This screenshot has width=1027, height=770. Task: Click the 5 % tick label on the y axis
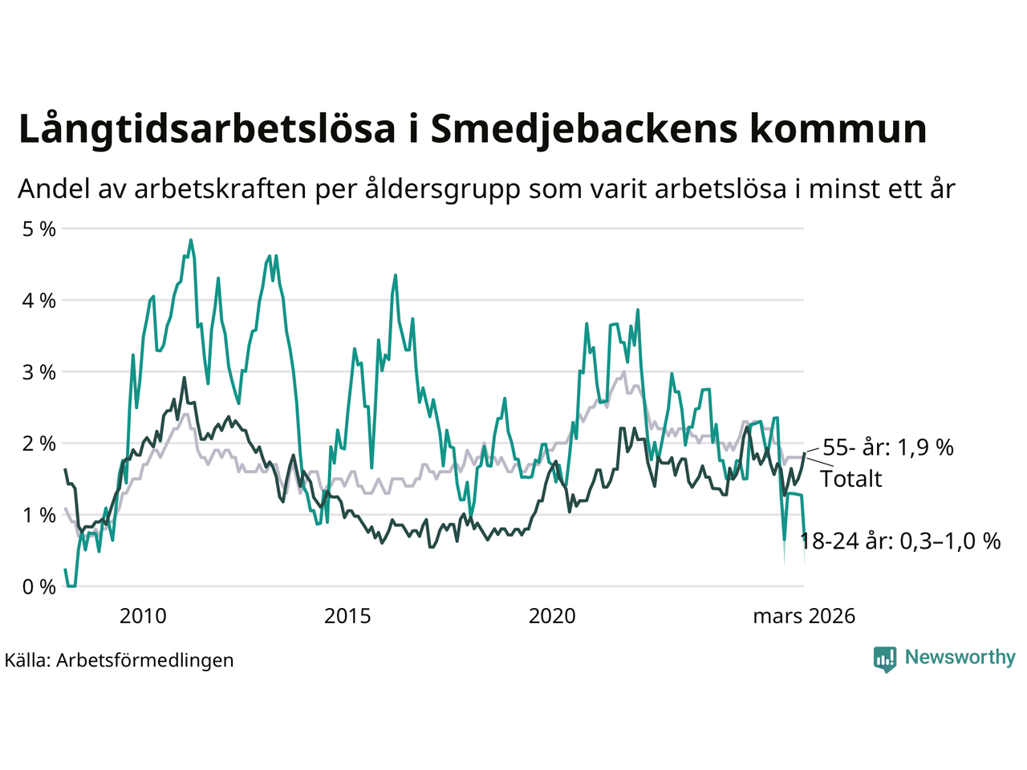pos(38,229)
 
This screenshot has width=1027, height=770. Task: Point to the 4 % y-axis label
pos(38,301)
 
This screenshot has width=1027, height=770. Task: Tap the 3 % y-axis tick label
pos(38,372)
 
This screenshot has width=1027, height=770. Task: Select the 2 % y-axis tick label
pos(38,444)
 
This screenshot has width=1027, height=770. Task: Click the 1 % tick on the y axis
pos(38,515)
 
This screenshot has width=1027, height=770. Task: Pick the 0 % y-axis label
pos(38,587)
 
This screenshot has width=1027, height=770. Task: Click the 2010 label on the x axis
pos(143,616)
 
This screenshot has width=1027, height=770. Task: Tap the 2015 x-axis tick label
pos(347,616)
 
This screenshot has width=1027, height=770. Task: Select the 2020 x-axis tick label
pos(552,616)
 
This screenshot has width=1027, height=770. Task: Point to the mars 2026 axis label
pos(804,616)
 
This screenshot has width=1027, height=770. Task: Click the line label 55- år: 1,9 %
pos(888,448)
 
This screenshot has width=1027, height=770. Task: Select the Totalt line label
pos(850,479)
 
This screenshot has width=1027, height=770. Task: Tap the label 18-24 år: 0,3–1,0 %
pos(900,541)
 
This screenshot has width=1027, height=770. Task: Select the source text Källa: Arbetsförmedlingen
pos(119,660)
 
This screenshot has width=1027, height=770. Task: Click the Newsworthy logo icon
pos(885,659)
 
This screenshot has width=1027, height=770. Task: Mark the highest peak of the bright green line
pos(190,240)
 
